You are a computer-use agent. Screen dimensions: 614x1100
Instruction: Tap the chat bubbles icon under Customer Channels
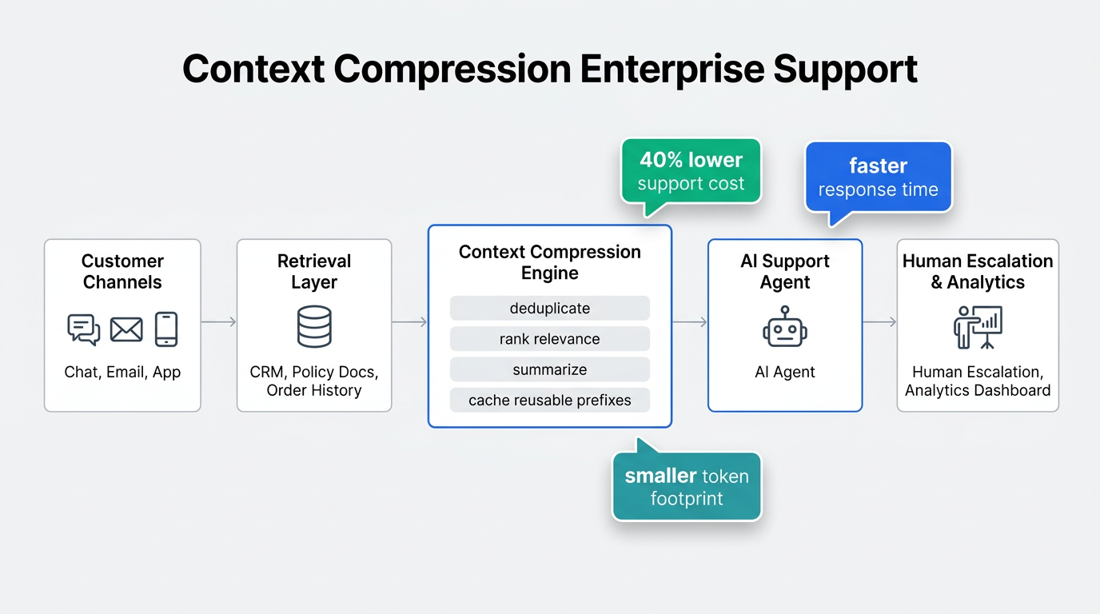(x=84, y=329)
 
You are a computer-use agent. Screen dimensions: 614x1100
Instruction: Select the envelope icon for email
(x=126, y=329)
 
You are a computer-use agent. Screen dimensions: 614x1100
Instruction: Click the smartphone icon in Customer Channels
(x=166, y=329)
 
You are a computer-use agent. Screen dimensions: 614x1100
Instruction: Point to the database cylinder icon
(x=313, y=327)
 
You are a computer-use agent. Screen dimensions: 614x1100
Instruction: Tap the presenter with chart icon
(x=978, y=327)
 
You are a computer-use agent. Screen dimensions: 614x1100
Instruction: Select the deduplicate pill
(x=550, y=309)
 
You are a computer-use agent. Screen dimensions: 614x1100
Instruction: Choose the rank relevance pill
(x=550, y=339)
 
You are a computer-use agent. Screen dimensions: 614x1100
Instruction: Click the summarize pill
(x=550, y=370)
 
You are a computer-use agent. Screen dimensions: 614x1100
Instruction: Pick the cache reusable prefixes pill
(x=550, y=401)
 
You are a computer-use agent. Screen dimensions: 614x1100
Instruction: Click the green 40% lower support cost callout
(x=691, y=171)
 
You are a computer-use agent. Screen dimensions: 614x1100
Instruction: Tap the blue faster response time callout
(x=878, y=177)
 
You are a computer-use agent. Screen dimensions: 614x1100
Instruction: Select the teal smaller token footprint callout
(x=687, y=487)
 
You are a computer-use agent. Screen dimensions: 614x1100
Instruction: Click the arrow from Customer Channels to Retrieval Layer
(x=218, y=322)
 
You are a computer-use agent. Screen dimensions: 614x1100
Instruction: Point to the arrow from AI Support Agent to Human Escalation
(x=879, y=322)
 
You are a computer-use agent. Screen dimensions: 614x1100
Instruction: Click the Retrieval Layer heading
(x=314, y=272)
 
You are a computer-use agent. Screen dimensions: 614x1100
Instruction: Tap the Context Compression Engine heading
(x=550, y=262)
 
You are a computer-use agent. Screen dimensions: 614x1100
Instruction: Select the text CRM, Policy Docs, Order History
(x=314, y=381)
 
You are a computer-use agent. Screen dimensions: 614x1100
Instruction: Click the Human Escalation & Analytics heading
(x=978, y=272)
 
